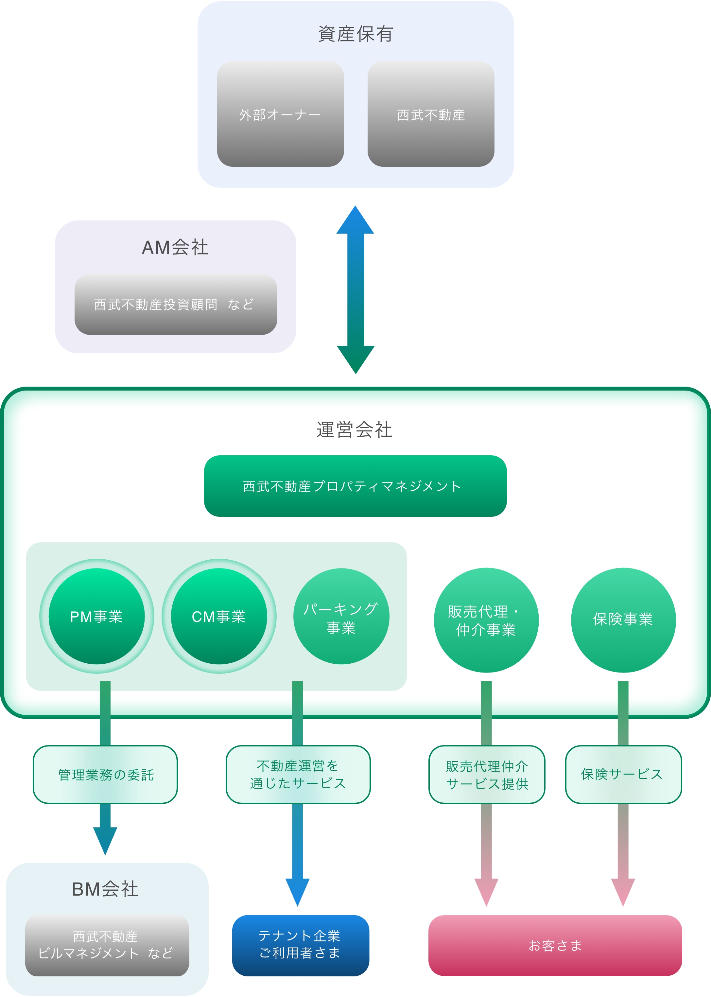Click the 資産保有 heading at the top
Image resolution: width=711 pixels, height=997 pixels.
(355, 34)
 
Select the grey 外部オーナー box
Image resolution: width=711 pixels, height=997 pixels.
(280, 114)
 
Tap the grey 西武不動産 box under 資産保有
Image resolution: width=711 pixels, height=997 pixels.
(431, 114)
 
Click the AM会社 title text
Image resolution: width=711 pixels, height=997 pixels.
(175, 247)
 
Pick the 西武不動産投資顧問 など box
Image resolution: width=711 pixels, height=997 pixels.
(176, 304)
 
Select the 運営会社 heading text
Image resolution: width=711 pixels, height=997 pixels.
(354, 429)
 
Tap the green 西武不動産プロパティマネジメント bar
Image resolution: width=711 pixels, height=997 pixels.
(355, 486)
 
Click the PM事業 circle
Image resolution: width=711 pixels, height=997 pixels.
(96, 617)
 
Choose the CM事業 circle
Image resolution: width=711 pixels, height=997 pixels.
(219, 617)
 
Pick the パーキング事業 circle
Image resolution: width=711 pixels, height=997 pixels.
(341, 617)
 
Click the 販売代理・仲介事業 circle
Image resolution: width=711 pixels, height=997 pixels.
(486, 620)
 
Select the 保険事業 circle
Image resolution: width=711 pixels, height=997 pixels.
(623, 620)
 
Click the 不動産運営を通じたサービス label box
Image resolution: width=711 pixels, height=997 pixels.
(298, 775)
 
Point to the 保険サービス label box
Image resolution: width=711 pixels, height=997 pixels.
(623, 775)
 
